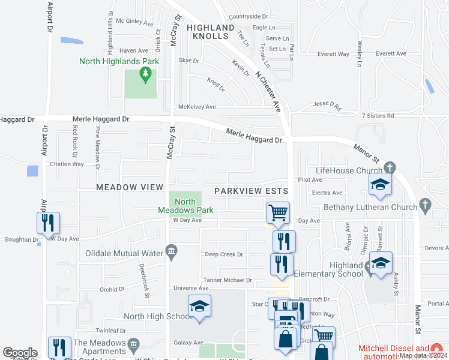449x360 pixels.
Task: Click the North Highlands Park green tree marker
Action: coord(144,74)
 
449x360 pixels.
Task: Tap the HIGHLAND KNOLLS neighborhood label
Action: coord(210,32)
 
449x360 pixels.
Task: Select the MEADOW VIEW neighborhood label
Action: coord(130,187)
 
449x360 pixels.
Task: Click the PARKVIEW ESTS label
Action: coord(252,191)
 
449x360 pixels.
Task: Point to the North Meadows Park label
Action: coord(185,206)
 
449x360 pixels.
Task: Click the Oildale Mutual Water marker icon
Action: coord(171,253)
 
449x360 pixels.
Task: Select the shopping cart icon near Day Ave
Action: coord(278,212)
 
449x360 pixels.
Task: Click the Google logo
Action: coord(20,352)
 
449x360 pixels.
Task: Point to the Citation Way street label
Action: coord(67,163)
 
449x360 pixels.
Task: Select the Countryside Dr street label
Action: coord(248,17)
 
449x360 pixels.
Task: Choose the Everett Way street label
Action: coord(334,54)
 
